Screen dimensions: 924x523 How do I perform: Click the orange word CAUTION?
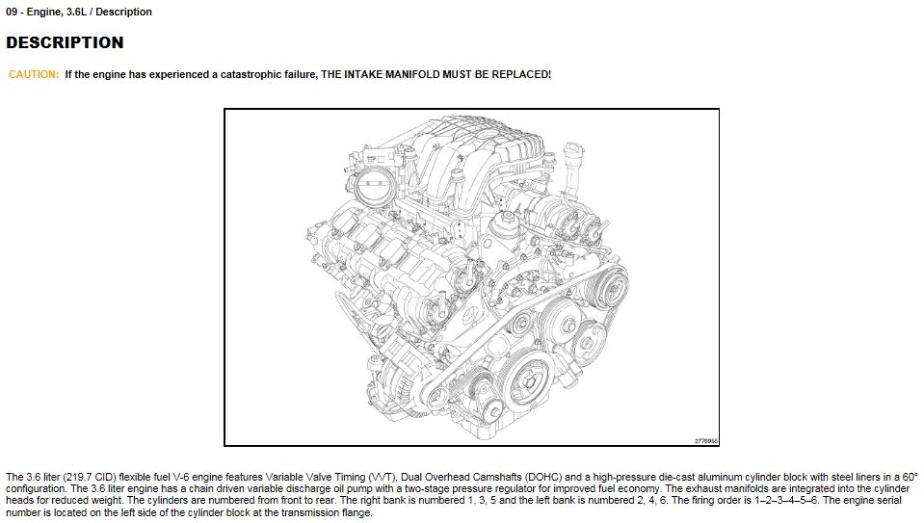point(34,75)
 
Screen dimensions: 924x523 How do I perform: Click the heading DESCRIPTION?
point(65,43)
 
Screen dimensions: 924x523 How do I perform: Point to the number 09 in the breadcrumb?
point(12,12)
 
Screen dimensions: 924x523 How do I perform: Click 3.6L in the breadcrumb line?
point(76,12)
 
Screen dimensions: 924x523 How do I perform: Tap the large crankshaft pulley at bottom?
point(526,381)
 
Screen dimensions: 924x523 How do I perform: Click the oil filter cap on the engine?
point(507,224)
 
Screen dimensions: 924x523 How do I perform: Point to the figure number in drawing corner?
point(705,440)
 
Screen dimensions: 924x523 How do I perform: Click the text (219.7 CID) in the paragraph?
point(89,477)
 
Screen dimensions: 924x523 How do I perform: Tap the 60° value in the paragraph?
point(910,477)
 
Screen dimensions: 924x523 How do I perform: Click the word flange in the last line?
point(356,513)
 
